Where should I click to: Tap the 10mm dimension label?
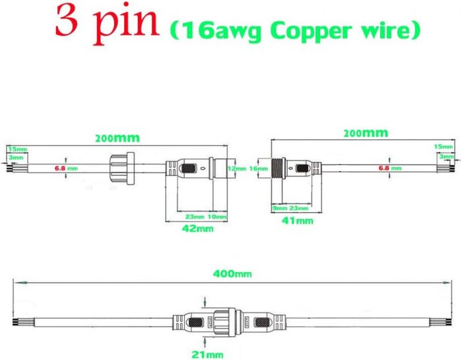(x=216, y=216)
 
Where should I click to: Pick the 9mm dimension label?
(x=280, y=208)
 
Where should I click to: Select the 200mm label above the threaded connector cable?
(x=365, y=133)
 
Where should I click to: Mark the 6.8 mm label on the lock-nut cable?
(x=65, y=169)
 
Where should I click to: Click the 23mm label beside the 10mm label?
(x=195, y=216)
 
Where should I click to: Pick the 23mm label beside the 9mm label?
(x=299, y=208)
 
